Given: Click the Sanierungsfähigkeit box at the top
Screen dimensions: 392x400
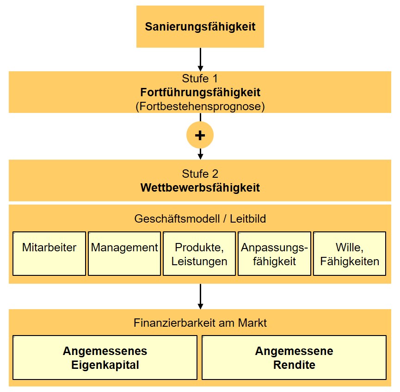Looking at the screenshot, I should pos(200,26).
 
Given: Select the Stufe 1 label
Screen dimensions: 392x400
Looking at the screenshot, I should pos(200,78).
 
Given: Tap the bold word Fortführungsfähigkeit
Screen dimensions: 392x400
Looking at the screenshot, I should pos(200,92).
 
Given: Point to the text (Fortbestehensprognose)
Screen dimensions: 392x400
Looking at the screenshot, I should pos(200,106).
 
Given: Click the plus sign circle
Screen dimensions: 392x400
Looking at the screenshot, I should pos(200,135).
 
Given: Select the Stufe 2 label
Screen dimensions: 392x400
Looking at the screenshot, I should pos(200,174).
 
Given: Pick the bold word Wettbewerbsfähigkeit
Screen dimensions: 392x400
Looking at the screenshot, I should pos(200,188).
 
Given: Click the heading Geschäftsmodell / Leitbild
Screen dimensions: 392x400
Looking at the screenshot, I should pos(200,218).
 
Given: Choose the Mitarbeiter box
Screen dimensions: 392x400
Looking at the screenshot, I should pos(49,254).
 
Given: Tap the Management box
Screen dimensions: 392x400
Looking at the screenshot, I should pos(124,254).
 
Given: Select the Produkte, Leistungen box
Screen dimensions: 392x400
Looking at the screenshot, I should pos(199,254).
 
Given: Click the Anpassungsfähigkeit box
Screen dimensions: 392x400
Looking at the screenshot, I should pos(274,254).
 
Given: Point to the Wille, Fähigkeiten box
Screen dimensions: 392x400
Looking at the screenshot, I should pos(350,254).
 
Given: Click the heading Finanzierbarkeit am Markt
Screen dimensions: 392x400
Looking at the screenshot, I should pos(200,323).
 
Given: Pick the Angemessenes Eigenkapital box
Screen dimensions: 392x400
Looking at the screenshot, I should pos(105,357).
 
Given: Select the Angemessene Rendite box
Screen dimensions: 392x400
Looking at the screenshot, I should pos(294,357).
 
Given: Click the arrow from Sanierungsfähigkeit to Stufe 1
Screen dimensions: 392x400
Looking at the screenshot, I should pos(200,59).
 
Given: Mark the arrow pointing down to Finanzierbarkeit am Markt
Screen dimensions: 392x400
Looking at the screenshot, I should pos(200,296).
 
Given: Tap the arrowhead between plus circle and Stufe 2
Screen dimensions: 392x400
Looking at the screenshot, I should pos(200,156).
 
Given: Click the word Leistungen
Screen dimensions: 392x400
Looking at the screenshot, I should pos(199,261).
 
